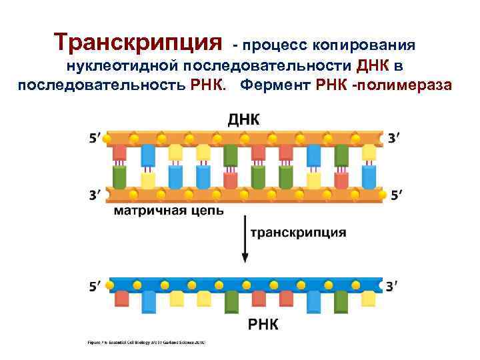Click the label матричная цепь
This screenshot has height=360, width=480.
click(167, 211)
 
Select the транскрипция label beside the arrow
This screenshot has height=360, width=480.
click(298, 233)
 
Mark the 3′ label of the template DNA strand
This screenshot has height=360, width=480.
click(95, 195)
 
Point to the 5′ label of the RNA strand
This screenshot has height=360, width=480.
click(95, 286)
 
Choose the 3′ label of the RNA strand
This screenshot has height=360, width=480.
click(394, 286)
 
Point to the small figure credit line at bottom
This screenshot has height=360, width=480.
click(146, 343)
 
